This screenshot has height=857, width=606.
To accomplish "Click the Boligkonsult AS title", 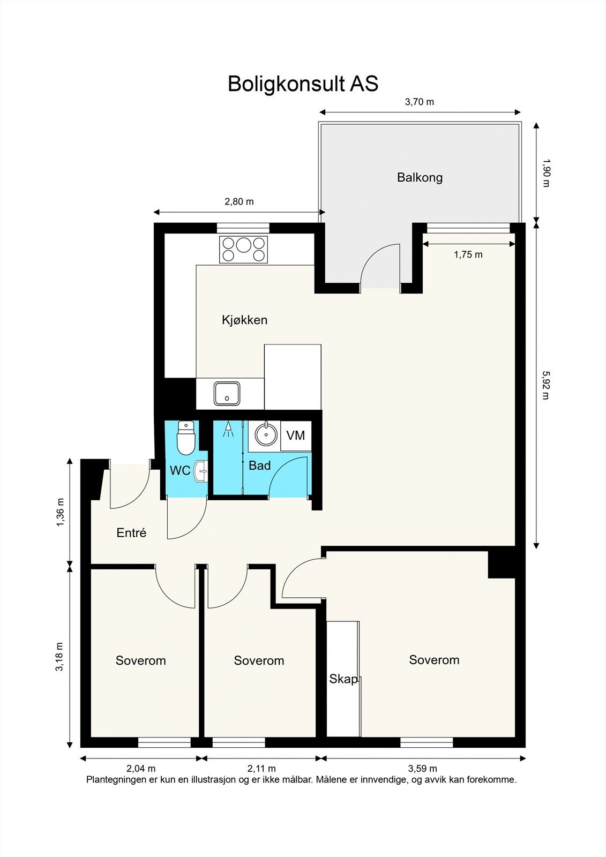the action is [x=303, y=84].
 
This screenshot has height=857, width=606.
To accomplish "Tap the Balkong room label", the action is [x=420, y=177].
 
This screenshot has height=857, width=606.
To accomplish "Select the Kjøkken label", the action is [x=245, y=320].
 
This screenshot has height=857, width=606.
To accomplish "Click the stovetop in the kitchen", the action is [x=243, y=250].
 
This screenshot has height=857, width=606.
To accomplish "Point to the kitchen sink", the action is [x=227, y=393].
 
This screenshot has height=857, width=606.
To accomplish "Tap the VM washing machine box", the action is [x=296, y=435].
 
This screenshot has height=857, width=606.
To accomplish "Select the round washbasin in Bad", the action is [x=266, y=434].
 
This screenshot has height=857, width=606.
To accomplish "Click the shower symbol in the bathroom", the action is [x=228, y=429].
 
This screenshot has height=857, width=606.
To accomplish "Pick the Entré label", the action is [x=131, y=532].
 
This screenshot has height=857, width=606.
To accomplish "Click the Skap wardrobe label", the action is [x=343, y=679].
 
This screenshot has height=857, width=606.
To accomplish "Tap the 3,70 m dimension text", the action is [x=420, y=102].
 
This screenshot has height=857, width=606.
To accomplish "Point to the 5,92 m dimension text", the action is [x=546, y=385].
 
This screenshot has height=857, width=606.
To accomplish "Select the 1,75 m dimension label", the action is [x=468, y=254].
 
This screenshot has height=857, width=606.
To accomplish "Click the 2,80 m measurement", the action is [x=240, y=201].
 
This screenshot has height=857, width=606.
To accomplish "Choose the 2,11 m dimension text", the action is [x=261, y=768].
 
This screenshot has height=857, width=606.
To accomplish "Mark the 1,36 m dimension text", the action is [x=61, y=512].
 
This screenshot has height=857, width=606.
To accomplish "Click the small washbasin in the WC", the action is [x=201, y=472].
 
